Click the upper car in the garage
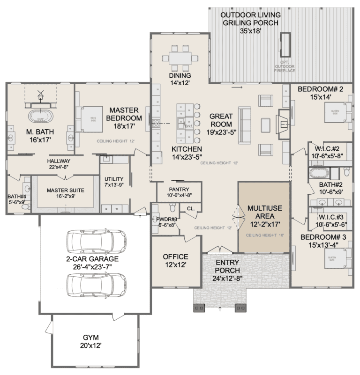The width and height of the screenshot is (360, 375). (x=97, y=240)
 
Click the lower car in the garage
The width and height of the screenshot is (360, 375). (x=97, y=283)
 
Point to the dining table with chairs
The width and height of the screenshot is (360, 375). (x=180, y=59)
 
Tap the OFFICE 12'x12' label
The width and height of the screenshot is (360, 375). (x=175, y=260)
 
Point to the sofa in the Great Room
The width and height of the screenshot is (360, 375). (x=245, y=121)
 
